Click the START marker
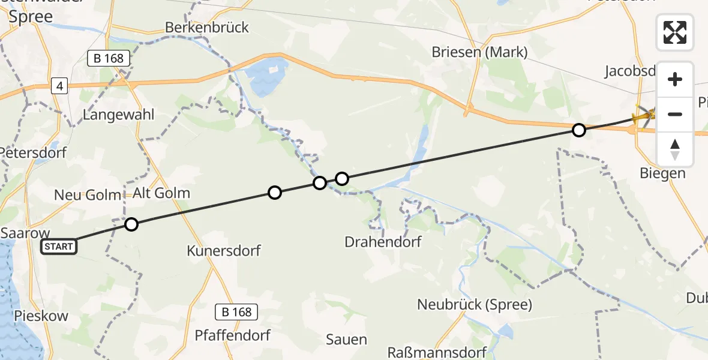59,247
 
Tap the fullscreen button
675,32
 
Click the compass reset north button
675,150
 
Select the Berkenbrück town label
206,28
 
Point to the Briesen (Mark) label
479,52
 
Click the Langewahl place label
119,115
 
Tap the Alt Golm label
161,193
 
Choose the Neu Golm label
88,195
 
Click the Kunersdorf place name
224,250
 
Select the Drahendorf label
383,242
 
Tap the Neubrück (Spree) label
475,304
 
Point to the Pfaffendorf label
232,335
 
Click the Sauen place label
346,340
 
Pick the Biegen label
662,173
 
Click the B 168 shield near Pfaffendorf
236,312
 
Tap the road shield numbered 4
60,86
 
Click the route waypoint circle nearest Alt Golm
131,224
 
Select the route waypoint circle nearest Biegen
578,130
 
